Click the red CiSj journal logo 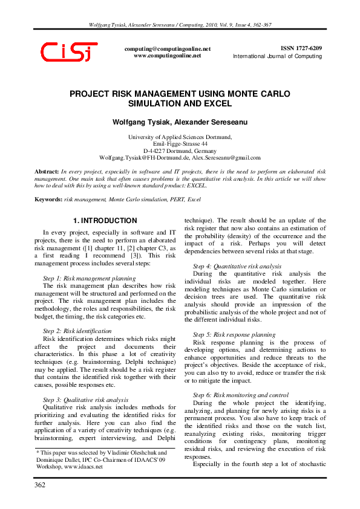[67, 51]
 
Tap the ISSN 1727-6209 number [301, 48]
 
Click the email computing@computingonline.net [168, 48]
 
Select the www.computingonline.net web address [167, 55]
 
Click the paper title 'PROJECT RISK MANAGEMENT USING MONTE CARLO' [180, 94]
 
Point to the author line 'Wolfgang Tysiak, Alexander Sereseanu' [180, 122]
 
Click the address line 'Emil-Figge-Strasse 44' [180, 144]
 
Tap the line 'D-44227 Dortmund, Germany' [180, 151]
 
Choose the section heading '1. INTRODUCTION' [105, 221]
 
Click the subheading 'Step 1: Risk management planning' [90, 277]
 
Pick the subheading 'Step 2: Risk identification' [77, 331]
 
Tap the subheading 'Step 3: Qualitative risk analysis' [86, 383]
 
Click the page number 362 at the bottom [40, 485]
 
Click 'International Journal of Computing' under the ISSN [278, 56]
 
